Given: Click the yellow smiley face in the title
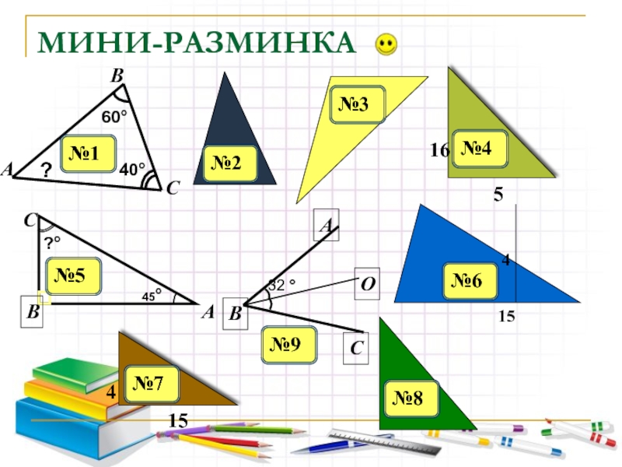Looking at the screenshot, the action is point(386,44).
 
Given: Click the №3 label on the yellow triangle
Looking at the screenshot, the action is point(358,105).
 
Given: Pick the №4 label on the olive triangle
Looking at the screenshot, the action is point(480,148).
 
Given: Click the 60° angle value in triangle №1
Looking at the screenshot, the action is point(114,118).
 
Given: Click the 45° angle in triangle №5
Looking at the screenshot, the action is point(152,296).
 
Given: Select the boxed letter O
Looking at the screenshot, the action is point(366,283).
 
